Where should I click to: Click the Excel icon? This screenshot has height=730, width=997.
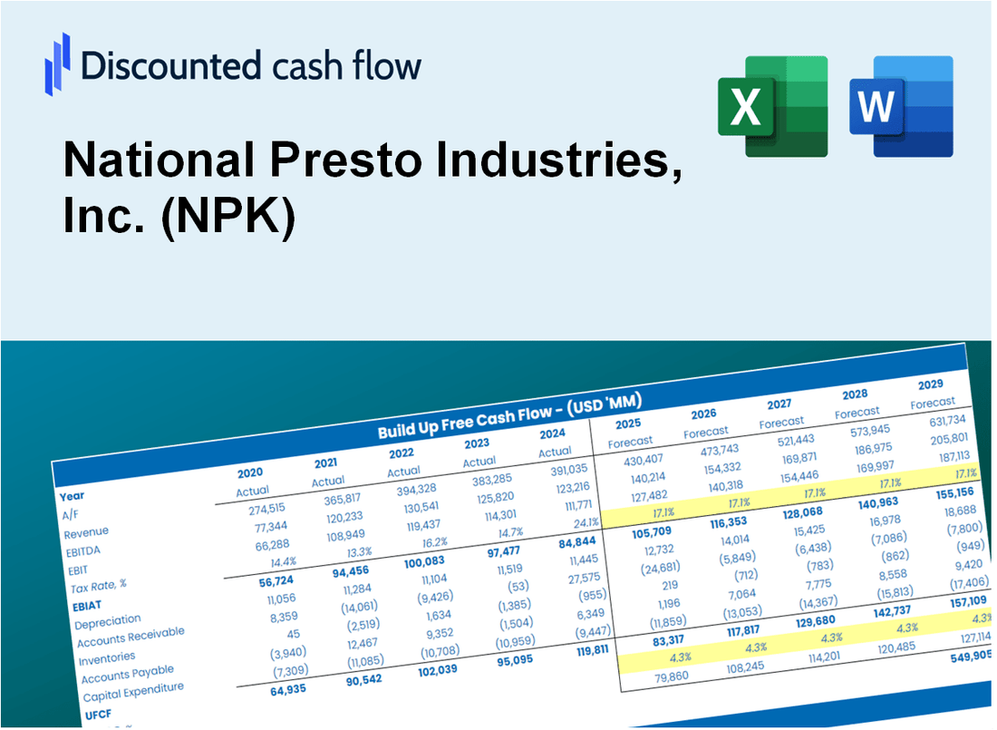coord(772,105)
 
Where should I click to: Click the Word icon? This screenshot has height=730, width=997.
coord(900,105)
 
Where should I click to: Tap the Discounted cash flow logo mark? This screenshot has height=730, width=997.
coord(57,64)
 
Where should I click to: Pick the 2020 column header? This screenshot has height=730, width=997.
coord(250,472)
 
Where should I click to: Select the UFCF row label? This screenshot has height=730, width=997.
coord(97,714)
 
